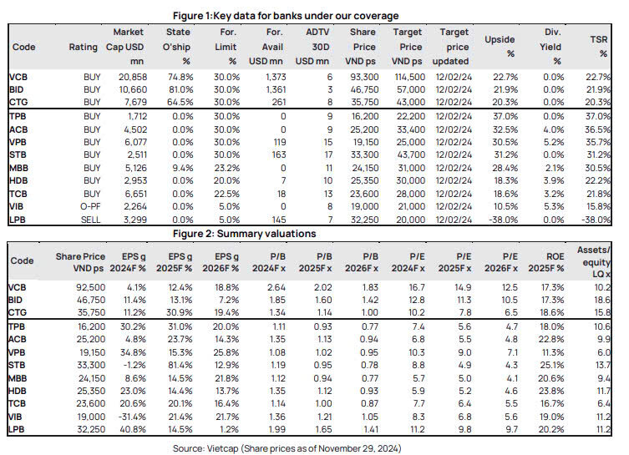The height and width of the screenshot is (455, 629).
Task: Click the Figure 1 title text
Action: (286, 16)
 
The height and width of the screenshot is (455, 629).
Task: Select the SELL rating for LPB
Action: (91, 220)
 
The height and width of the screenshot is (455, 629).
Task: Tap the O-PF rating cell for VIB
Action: (90, 206)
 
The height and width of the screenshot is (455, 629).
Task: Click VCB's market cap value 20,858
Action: (133, 77)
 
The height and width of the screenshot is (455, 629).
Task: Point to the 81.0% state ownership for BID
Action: (180, 89)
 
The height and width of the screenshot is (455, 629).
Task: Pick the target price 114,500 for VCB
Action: (410, 77)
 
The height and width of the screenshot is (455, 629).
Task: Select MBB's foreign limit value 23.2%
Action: (226, 168)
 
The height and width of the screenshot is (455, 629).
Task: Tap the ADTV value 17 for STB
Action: (328, 154)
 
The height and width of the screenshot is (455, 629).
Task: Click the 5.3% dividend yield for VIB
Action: (554, 206)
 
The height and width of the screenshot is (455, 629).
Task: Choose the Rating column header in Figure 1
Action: (83, 47)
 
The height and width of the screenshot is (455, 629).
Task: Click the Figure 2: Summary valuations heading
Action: (244, 234)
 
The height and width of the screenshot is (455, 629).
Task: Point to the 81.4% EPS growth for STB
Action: (180, 365)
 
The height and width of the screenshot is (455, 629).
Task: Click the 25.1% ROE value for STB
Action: (551, 365)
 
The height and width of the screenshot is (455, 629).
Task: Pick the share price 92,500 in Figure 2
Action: (91, 287)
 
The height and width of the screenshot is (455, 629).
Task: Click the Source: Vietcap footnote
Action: (287, 448)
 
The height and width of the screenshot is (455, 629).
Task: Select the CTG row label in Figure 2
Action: (18, 312)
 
